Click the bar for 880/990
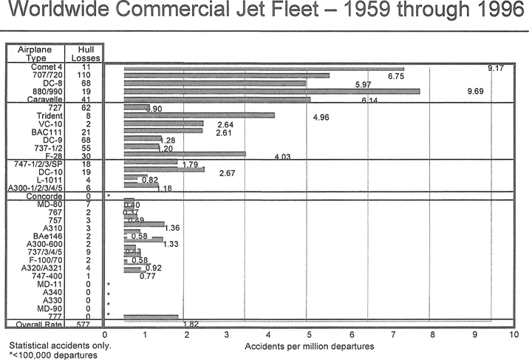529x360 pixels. click(272, 92)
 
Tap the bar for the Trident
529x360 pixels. click(199, 115)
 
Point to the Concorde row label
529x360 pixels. click(44, 196)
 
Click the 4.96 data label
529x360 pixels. click(321, 117)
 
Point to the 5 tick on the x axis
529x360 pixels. click(307, 335)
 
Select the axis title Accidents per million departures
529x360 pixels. click(309, 346)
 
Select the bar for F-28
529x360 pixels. click(185, 154)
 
